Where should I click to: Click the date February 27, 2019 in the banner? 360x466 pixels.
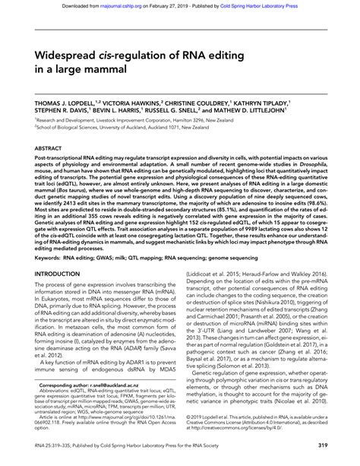(168, 4)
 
